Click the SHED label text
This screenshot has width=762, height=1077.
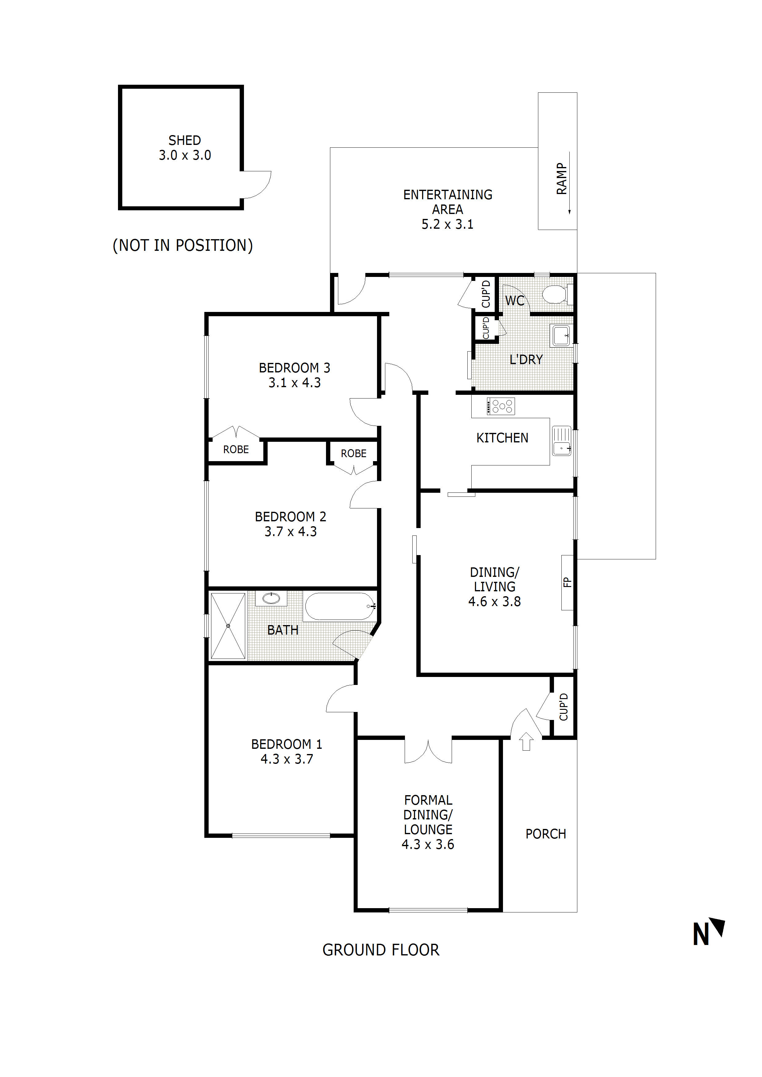[x=185, y=140]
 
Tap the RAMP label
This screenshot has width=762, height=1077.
[x=562, y=179]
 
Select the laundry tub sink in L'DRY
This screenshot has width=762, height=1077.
[x=560, y=336]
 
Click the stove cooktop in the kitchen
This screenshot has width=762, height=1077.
[x=501, y=406]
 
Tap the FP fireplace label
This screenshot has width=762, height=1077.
[x=567, y=582]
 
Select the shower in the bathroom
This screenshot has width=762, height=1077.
[x=228, y=626]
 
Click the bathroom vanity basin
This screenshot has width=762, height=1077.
[x=271, y=598]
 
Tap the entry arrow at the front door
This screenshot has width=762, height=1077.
[x=526, y=741]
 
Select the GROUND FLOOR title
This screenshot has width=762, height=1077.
[x=381, y=950]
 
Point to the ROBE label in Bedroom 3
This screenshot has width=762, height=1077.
[x=236, y=449]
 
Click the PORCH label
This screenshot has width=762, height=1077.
[x=546, y=834]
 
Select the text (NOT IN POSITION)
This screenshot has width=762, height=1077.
[x=183, y=245]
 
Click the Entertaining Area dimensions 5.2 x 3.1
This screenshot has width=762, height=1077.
[x=447, y=224]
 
